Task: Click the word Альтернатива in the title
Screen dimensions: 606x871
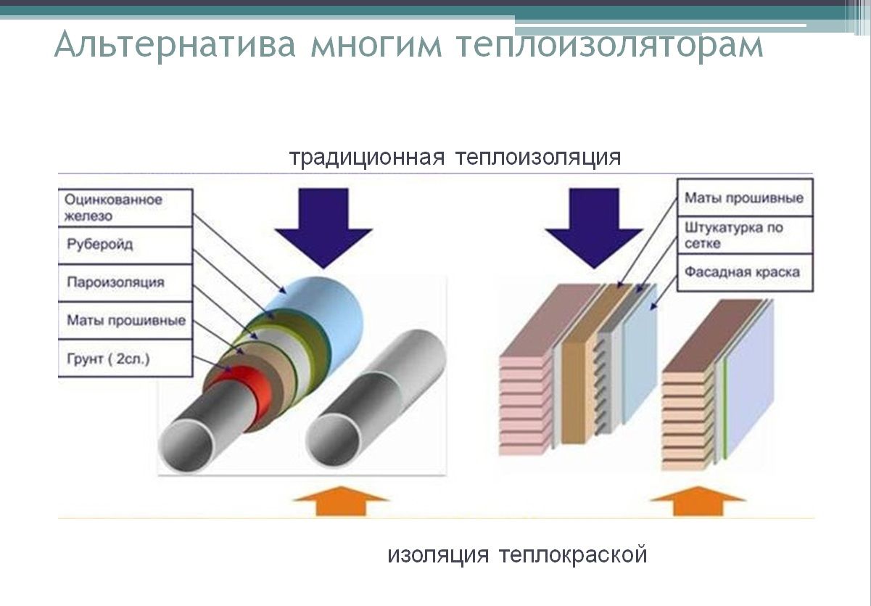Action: click(x=175, y=45)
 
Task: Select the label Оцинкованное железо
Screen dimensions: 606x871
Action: click(x=125, y=208)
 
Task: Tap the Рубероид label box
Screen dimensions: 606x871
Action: click(x=125, y=245)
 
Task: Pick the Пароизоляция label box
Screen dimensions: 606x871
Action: click(x=125, y=282)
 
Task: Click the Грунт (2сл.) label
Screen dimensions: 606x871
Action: click(x=125, y=358)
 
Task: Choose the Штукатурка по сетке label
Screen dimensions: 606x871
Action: click(x=744, y=235)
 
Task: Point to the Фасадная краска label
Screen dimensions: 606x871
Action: click(x=744, y=272)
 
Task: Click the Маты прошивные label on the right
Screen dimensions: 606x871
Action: click(x=744, y=198)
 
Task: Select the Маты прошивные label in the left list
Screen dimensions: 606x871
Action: click(x=125, y=320)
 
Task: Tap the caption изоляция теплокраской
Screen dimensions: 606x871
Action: click(x=517, y=555)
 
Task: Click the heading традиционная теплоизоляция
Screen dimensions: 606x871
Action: click(x=455, y=157)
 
